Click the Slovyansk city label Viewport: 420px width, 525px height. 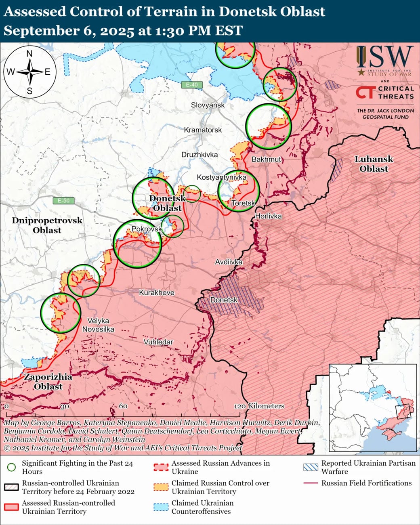(208, 105)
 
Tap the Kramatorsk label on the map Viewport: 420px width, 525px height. (203, 130)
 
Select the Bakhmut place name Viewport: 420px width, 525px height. (266, 160)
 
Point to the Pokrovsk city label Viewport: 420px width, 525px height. (146, 229)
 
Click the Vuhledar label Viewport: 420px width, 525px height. (158, 342)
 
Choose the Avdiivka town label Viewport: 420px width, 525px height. (229, 262)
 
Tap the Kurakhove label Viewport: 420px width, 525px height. (157, 292)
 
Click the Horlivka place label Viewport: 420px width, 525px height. (268, 216)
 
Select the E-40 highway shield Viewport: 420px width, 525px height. (192, 85)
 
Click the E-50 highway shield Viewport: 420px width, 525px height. (63, 201)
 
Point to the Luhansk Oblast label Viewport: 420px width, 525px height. (374, 164)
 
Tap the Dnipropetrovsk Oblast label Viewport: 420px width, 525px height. (47, 225)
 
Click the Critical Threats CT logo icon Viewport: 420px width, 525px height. (365, 92)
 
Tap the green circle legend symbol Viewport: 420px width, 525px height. (12, 467)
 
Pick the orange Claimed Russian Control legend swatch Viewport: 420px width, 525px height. (161, 487)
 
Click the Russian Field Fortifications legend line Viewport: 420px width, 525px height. (310, 483)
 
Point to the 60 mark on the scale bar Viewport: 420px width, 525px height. (123, 406)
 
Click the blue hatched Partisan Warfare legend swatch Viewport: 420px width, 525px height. (310, 467)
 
